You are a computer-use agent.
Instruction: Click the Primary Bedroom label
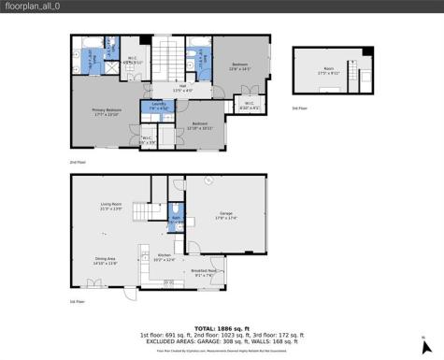point(106,111)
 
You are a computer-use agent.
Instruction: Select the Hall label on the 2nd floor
point(184,89)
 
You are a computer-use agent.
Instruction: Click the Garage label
point(225,215)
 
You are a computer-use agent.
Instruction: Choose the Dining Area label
point(105,261)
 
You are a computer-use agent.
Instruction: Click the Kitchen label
point(164,256)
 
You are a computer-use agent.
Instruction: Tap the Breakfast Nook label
point(203,273)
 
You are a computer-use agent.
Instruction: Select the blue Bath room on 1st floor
point(175,220)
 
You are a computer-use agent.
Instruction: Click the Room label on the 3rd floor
point(329,69)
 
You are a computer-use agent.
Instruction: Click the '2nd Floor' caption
point(77,163)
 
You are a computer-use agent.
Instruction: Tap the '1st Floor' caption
point(77,302)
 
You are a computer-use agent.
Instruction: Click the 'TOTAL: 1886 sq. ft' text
point(221,328)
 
